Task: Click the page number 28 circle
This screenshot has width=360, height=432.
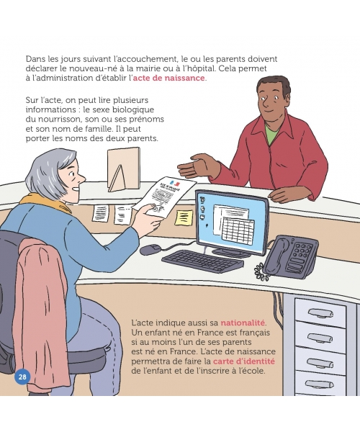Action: [22, 377]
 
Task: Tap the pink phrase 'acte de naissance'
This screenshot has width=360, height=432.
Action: [169, 78]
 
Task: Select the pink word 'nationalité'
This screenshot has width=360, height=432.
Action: [243, 323]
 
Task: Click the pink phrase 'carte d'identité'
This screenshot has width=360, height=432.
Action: [244, 361]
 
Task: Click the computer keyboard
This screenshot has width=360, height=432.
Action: [203, 261]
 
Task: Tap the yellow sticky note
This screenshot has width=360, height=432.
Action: [184, 217]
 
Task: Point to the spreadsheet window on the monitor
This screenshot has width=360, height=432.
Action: [238, 230]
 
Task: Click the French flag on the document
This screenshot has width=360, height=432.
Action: [175, 183]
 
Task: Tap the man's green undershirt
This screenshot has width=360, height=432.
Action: [272, 132]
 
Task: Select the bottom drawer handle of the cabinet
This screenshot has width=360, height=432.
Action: [320, 384]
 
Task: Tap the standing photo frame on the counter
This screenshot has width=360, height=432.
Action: [123, 169]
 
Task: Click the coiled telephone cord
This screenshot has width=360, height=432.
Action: [261, 271]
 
